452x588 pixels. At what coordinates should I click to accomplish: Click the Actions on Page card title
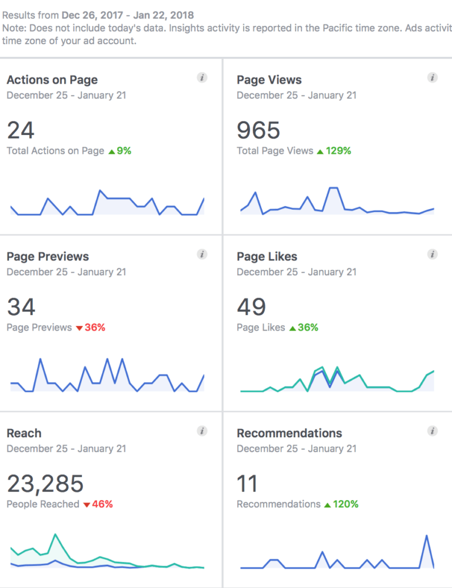pos(52,80)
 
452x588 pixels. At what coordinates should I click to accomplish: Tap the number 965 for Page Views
pos(258,130)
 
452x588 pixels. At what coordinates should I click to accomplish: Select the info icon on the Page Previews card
pos(202,255)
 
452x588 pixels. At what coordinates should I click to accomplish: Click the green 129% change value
pos(338,151)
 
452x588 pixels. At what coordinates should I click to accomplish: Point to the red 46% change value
pos(102,504)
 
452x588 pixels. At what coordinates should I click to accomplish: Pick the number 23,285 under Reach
pos(45,484)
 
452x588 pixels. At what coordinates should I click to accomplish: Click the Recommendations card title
pos(289,434)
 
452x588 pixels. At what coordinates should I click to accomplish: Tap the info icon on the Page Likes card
pos(433,255)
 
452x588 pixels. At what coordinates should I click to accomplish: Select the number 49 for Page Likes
pos(251,307)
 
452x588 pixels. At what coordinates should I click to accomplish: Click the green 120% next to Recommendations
pos(345,504)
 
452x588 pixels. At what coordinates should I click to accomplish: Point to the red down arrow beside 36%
pos(79,328)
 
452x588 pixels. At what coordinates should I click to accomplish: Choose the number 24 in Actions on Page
pos(21,130)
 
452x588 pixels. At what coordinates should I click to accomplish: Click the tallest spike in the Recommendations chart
pos(426,536)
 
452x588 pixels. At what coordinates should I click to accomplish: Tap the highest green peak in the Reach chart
pos(55,534)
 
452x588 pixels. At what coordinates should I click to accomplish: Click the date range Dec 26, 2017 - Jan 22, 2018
pos(127,14)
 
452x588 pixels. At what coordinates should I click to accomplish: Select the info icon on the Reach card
pos(202,431)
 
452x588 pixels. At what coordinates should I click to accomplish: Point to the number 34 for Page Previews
pos(21,307)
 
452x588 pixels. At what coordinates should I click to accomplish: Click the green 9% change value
pos(124,151)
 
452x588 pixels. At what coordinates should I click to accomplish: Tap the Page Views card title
pos(269,80)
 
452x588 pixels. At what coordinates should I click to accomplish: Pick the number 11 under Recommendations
pos(247,484)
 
